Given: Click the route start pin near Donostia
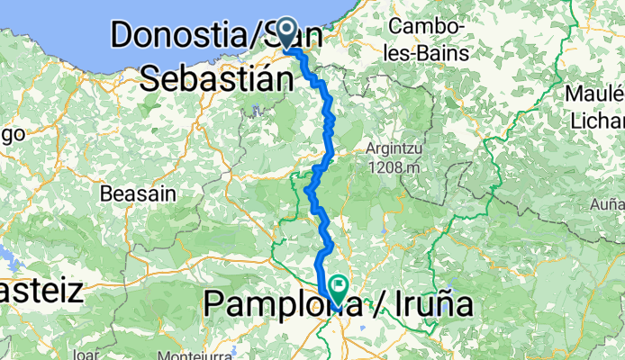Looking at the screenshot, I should click(x=287, y=31).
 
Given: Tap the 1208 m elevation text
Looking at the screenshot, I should click(x=394, y=166).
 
